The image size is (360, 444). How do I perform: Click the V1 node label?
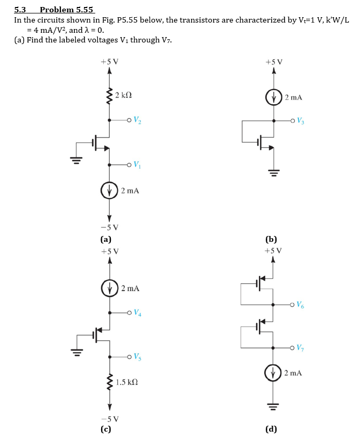coord(138,164)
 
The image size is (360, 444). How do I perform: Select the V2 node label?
coord(138,121)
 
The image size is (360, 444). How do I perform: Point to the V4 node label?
coord(138,312)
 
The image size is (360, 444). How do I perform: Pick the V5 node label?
coord(138,357)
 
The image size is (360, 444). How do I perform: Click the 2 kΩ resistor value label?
coord(124,96)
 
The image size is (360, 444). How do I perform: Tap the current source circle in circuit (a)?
coord(110,190)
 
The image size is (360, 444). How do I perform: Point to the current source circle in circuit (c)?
coord(110,288)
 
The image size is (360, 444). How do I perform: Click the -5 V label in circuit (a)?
coord(110,227)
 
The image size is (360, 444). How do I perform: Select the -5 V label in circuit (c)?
coord(110,419)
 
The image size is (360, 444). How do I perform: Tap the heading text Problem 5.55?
coord(67,10)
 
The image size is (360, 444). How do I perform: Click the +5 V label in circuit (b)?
coord(274,61)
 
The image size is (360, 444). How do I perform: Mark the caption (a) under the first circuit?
coord(106,240)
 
